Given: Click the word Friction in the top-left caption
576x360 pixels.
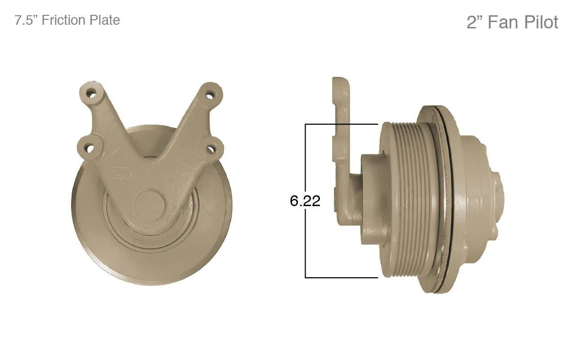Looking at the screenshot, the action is [x=63, y=20].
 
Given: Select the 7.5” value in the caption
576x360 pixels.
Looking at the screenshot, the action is [x=27, y=20].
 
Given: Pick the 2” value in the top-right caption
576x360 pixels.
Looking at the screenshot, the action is [x=475, y=22].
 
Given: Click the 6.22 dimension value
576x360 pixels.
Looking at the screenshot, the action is [x=305, y=201].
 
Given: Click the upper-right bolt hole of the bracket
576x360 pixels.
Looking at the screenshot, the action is [x=210, y=94].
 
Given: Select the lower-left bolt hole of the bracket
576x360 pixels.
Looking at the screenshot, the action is [x=90, y=148].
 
